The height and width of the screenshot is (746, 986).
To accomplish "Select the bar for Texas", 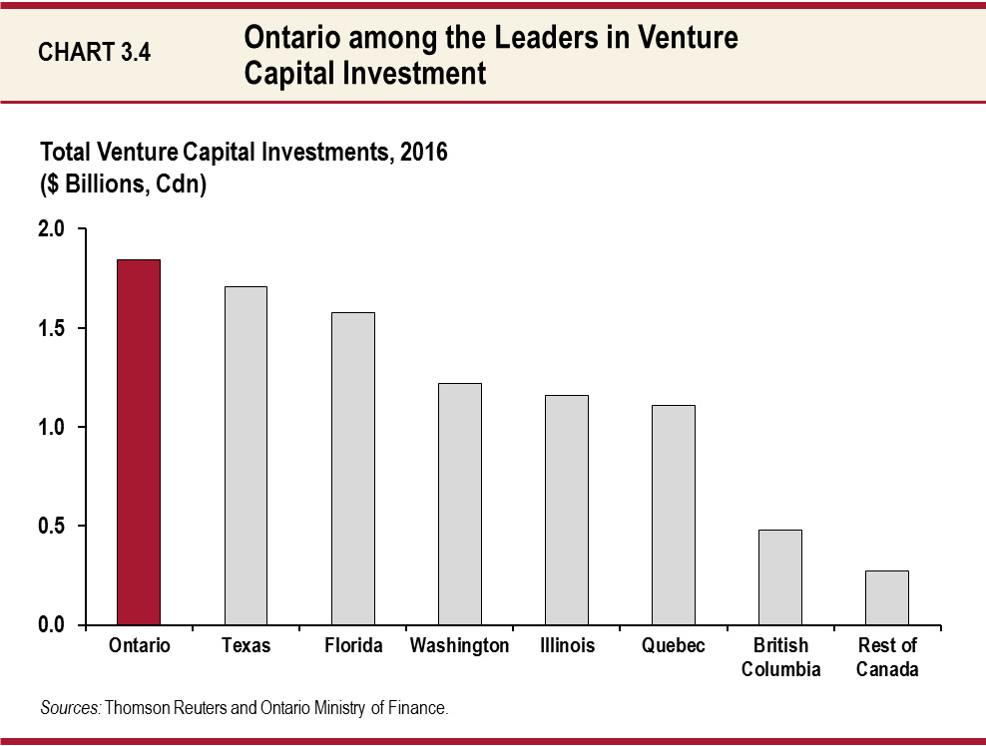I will click(246, 456).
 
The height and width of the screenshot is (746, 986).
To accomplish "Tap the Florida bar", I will click(353, 469).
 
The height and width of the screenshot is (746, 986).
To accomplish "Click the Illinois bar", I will click(567, 510).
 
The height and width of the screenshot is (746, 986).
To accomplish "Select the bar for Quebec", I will click(674, 515).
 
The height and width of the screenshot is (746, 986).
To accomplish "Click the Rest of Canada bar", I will click(887, 597).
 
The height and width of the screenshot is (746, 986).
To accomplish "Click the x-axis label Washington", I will click(459, 646).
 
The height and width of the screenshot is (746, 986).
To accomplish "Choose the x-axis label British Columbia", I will click(780, 657).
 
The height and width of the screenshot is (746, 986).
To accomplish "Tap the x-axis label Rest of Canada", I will click(887, 657).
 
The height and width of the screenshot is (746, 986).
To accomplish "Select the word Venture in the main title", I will click(689, 39).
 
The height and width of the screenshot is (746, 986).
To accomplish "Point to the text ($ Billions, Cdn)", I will click(123, 186).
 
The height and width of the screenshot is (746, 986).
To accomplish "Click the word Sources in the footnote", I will click(70, 709).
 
